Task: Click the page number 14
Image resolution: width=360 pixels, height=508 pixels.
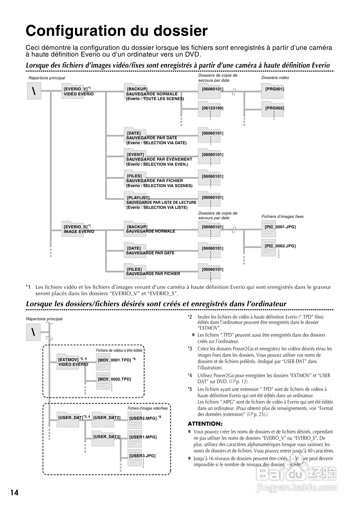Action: [14, 492]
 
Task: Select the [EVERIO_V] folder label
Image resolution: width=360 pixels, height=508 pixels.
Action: [76, 89]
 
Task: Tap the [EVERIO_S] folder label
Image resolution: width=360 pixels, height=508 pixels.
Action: [76, 227]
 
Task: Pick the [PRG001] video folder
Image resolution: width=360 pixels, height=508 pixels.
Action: [275, 89]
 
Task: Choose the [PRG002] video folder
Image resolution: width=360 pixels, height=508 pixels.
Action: [275, 108]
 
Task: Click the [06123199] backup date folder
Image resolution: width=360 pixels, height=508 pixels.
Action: [212, 108]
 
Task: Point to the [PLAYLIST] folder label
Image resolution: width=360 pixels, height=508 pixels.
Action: [138, 197]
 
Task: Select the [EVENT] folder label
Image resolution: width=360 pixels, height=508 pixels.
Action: [135, 155]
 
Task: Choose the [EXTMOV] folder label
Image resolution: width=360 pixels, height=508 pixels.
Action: [68, 360]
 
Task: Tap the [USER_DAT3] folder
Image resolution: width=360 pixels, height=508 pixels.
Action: [107, 437]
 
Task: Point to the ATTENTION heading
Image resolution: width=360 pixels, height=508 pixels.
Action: [205, 424]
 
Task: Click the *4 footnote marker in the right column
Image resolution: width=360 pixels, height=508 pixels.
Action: [190, 375]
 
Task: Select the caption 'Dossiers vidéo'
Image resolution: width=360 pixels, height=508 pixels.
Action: [275, 78]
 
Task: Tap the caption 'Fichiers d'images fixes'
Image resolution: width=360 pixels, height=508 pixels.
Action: [282, 217]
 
